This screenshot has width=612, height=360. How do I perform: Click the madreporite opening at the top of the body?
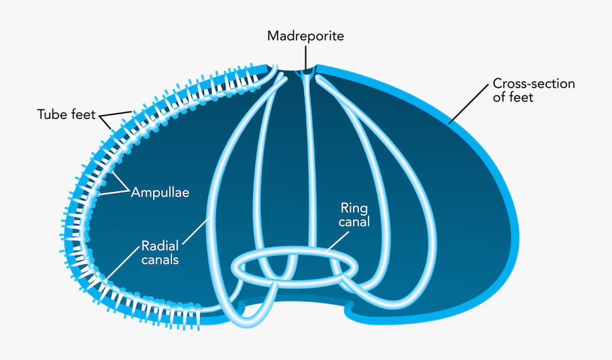307,71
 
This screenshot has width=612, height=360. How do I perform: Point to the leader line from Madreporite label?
306,54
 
